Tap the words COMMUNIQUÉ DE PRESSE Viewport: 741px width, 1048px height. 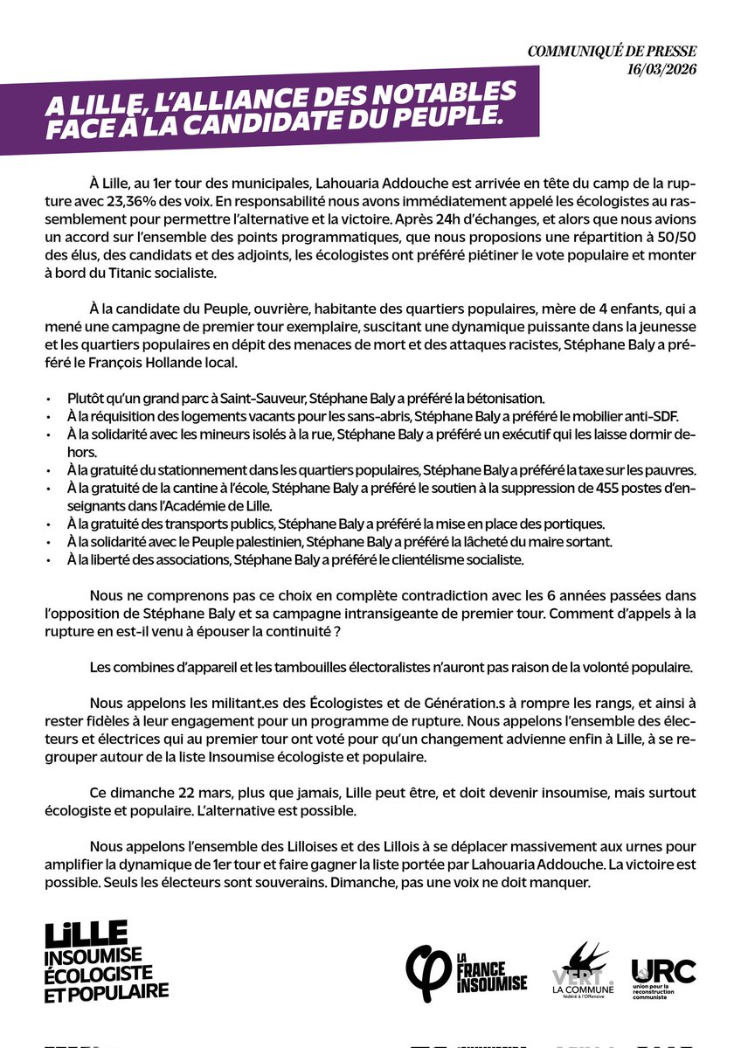click(x=625, y=52)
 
